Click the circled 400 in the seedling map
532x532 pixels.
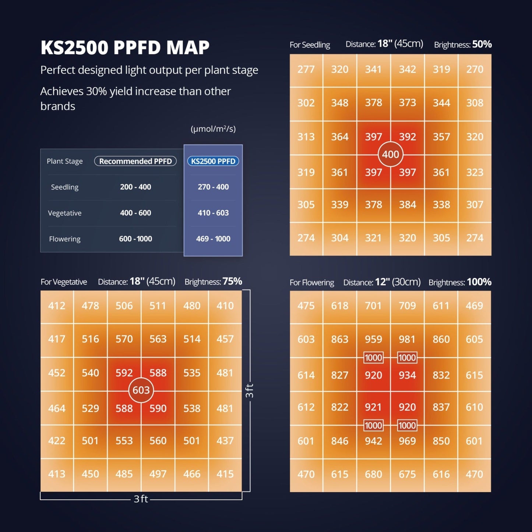[390, 154]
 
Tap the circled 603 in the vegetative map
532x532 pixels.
[141, 390]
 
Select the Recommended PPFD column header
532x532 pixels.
[135, 161]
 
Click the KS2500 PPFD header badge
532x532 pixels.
[213, 161]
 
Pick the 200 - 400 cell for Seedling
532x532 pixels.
[135, 187]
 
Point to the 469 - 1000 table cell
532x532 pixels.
[213, 239]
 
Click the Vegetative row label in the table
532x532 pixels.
[65, 213]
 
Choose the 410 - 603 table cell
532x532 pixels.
[213, 213]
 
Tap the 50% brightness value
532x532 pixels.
[482, 45]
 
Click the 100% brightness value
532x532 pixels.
[479, 282]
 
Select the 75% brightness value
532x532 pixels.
[232, 282]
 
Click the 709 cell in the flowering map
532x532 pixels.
[407, 306]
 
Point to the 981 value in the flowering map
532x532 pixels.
[407, 339]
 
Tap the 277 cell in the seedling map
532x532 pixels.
[306, 69]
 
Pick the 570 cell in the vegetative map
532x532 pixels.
[124, 339]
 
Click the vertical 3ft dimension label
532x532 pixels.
[249, 391]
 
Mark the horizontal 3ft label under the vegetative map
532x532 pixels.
[141, 499]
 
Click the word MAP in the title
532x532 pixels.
[188, 48]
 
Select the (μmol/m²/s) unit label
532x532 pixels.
[213, 129]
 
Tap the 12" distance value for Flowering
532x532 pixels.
[383, 282]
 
